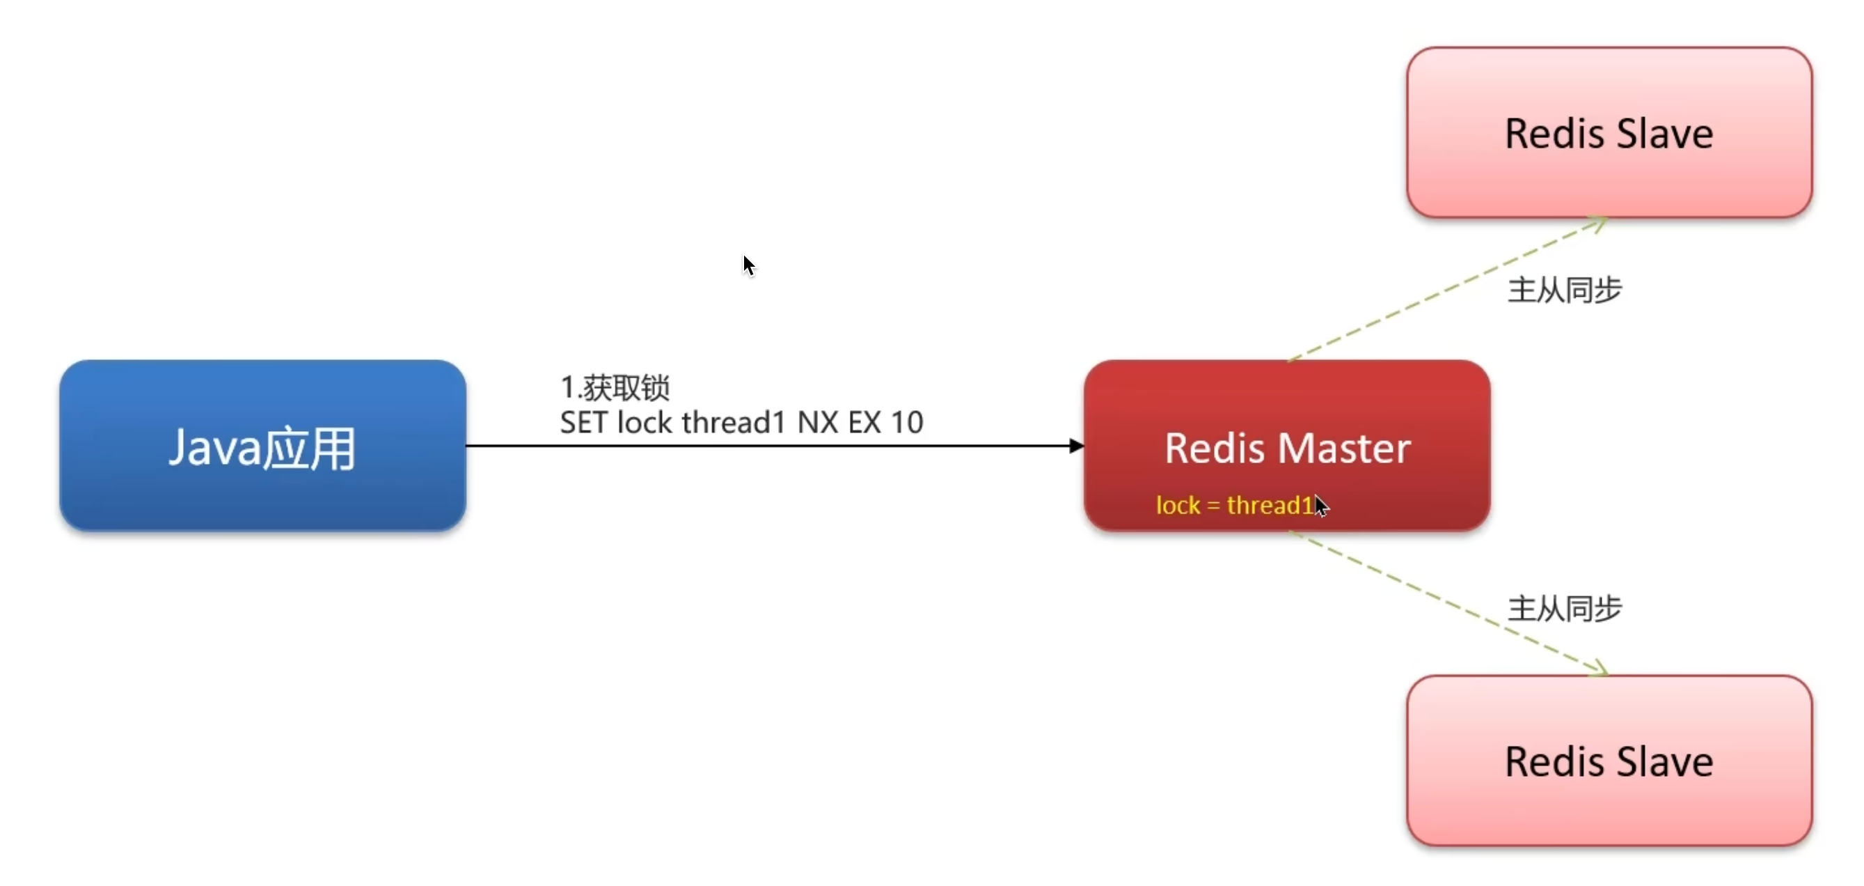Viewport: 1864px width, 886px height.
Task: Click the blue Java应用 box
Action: [x=262, y=446]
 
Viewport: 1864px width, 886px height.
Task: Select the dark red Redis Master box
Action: [x=1287, y=446]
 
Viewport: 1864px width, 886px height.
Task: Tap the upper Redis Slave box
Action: [x=1609, y=132]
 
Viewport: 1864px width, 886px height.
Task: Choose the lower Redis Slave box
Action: [x=1609, y=760]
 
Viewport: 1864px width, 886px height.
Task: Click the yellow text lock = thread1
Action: [x=1235, y=504]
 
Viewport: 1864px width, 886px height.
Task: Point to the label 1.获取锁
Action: [x=615, y=387]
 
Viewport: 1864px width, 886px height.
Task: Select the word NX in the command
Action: [x=818, y=422]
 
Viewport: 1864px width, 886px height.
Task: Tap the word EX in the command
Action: [x=864, y=422]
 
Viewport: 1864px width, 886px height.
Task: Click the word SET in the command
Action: [x=583, y=422]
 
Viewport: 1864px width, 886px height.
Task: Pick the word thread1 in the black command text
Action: [x=734, y=422]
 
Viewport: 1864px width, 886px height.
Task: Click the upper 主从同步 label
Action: [x=1565, y=290]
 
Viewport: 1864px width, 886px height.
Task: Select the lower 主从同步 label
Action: [x=1565, y=608]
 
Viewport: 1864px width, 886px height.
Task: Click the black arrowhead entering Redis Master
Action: [x=1077, y=446]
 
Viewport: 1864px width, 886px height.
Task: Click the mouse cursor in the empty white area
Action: [x=749, y=265]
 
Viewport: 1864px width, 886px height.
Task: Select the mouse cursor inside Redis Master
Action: [x=1321, y=506]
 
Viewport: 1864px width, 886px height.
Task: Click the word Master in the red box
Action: [x=1344, y=448]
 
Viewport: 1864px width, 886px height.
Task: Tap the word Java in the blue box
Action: [x=214, y=448]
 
